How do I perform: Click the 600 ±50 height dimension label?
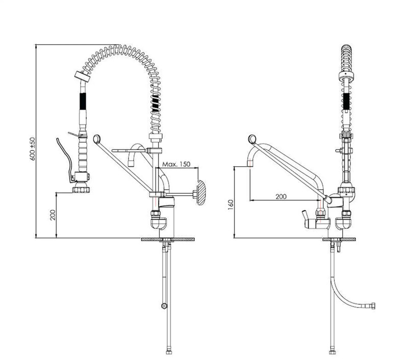(x=33, y=148)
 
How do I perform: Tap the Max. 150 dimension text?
(x=176, y=164)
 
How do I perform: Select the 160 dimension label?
(x=231, y=204)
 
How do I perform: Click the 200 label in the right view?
(x=281, y=196)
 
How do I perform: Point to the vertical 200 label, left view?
(x=53, y=215)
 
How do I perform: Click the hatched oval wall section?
(x=200, y=192)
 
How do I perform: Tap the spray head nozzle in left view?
(x=81, y=189)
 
